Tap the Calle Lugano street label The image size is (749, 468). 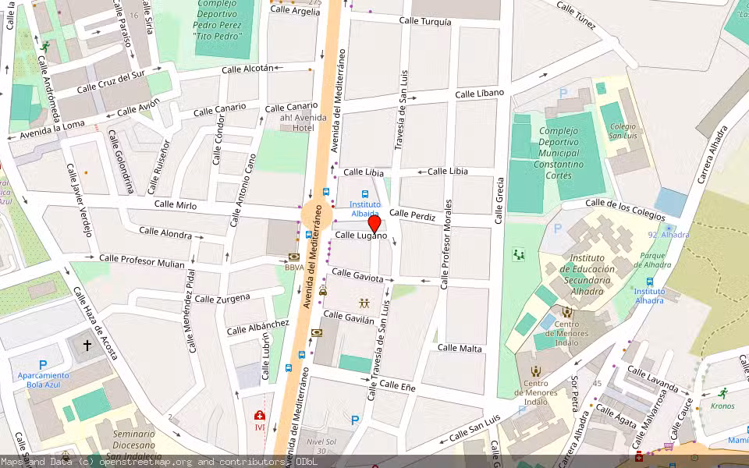[361, 235]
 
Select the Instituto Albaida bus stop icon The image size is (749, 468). [364, 193]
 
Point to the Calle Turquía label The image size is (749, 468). [424, 22]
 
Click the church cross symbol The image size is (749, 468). [87, 345]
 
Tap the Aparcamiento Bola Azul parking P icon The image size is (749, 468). [43, 364]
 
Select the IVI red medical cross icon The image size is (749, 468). [259, 416]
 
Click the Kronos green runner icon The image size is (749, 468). [722, 393]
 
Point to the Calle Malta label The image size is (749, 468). [460, 348]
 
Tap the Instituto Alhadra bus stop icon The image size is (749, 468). [649, 282]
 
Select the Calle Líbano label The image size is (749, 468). [479, 94]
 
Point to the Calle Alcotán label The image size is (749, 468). [248, 69]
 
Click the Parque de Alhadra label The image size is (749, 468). [657, 260]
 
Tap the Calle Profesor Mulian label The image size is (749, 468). [142, 261]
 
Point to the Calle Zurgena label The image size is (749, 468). [222, 298]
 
